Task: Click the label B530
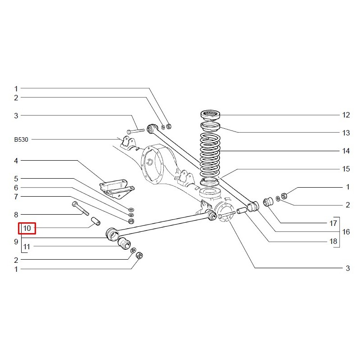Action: pyautogui.click(x=21, y=140)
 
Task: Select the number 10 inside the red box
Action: pyautogui.click(x=27, y=229)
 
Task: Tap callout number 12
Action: pyautogui.click(x=346, y=115)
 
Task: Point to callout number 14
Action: pyautogui.click(x=346, y=151)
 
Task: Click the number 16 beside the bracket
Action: pyautogui.click(x=346, y=232)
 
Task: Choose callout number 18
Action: pyautogui.click(x=333, y=241)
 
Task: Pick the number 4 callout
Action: pyautogui.click(x=16, y=161)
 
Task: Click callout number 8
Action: pyautogui.click(x=16, y=215)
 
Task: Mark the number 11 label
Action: pyautogui.click(x=27, y=247)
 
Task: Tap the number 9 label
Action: pyautogui.click(x=16, y=241)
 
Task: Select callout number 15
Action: pyautogui.click(x=346, y=169)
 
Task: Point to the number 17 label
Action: pyautogui.click(x=333, y=223)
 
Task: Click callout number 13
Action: pyautogui.click(x=346, y=133)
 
